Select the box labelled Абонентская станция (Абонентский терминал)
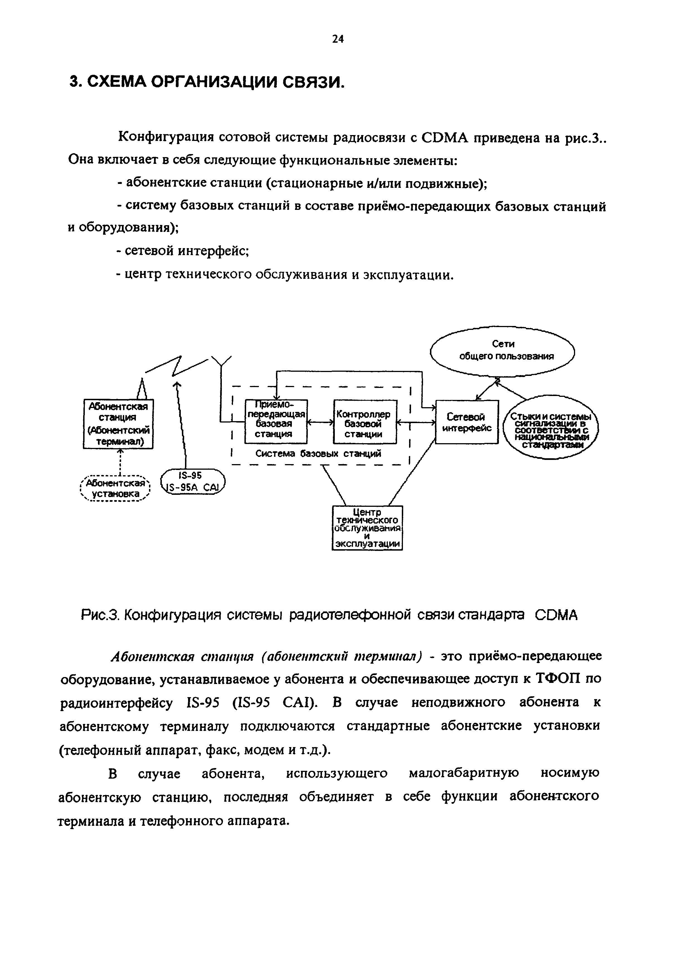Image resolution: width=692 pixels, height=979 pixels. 118,424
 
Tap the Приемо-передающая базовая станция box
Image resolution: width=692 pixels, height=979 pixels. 276,422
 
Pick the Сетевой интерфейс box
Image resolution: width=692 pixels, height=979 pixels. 467,422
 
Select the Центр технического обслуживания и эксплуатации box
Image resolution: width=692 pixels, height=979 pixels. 367,528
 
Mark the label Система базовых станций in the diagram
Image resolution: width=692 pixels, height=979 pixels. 318,454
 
